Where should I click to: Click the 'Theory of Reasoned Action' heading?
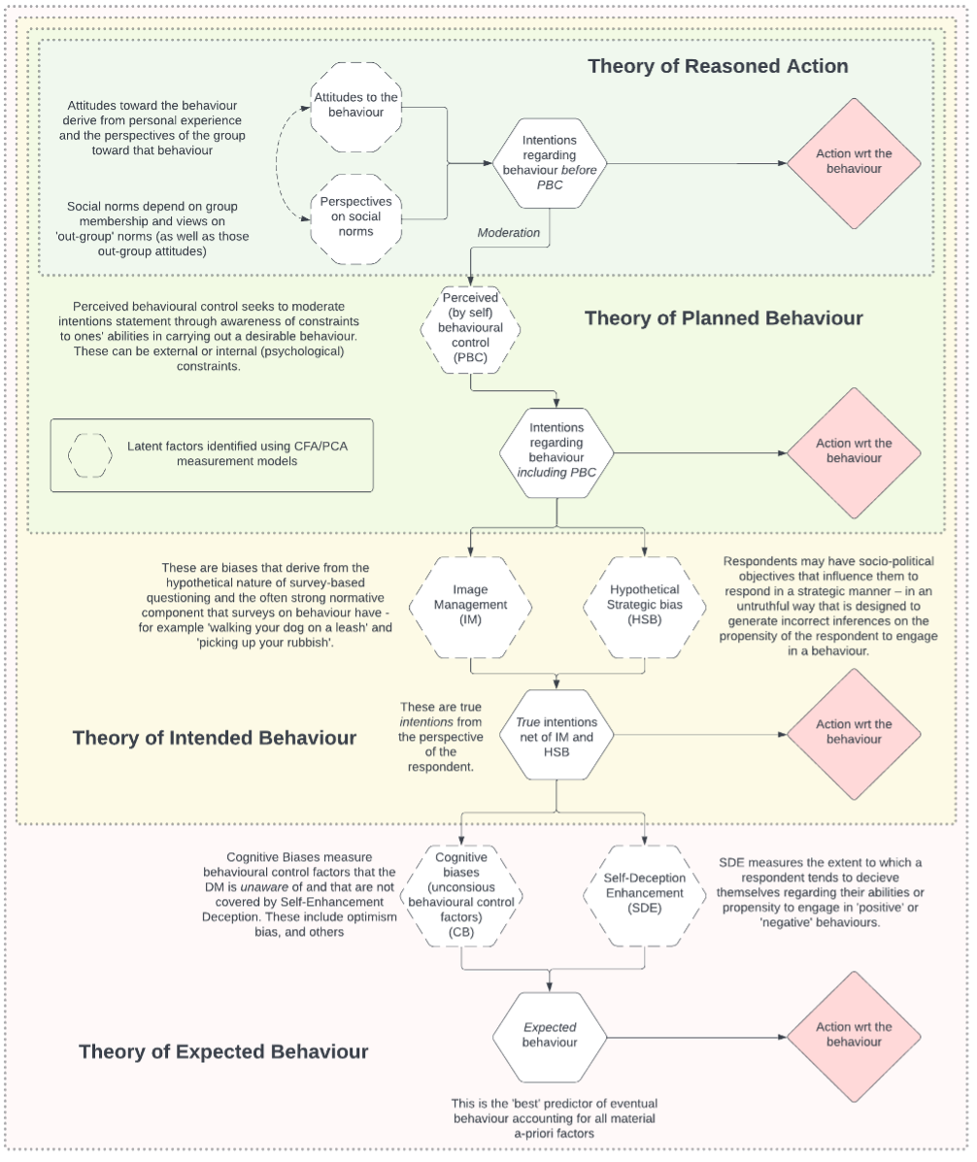pos(718,66)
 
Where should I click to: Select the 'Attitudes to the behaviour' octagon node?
pos(355,106)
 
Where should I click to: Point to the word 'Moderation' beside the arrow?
pos(509,233)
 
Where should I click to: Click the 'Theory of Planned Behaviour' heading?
pos(724,317)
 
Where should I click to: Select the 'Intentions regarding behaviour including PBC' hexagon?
pos(556,450)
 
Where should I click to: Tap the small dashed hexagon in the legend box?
pos(89,454)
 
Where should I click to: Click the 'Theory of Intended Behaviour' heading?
pos(215,738)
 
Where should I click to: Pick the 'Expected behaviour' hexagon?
pos(550,1035)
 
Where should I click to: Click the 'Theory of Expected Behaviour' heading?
pos(223,1051)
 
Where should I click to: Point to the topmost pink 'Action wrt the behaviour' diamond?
pos(854,161)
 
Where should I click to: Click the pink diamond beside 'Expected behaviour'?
pos(854,1034)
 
